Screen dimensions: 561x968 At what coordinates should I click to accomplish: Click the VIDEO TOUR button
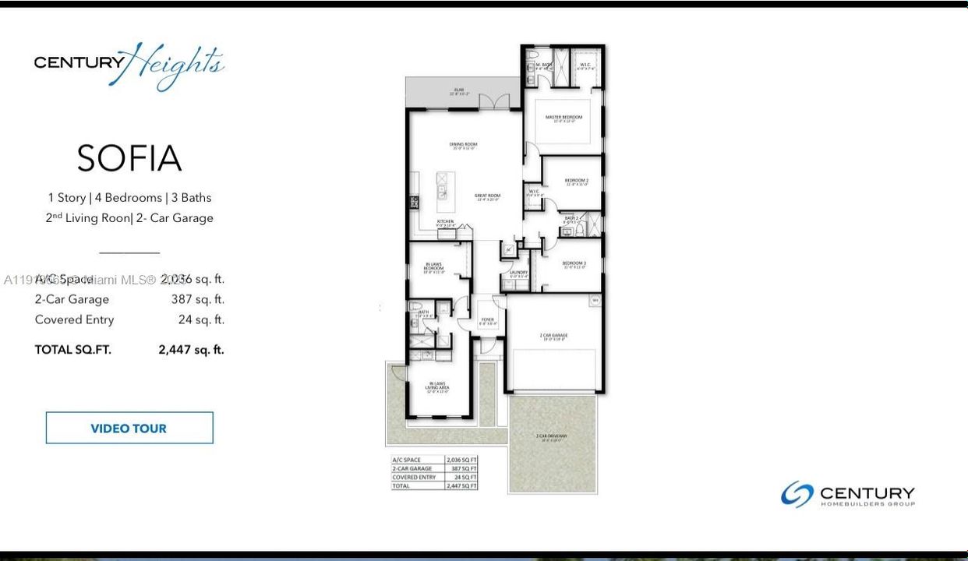[129, 428]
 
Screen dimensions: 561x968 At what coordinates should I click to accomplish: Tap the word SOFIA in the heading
[129, 159]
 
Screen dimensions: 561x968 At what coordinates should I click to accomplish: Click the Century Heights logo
[129, 65]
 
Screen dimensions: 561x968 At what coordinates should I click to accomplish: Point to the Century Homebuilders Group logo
[848, 495]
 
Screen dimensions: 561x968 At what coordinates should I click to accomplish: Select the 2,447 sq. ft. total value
[191, 350]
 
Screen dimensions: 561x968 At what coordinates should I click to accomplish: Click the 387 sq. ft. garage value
[197, 299]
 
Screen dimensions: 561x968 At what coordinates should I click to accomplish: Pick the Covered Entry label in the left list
[74, 319]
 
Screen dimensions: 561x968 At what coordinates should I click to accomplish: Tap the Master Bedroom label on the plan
[563, 118]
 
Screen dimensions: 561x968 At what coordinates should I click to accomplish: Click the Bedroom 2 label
[577, 181]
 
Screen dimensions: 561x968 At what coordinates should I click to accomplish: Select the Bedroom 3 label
[574, 264]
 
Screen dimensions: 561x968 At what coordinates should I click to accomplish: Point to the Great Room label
[488, 196]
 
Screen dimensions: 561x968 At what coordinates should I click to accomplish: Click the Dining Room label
[463, 145]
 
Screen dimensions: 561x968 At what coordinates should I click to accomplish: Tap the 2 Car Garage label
[553, 336]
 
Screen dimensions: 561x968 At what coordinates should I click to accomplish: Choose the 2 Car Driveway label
[552, 436]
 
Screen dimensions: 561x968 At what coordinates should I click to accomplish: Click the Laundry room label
[518, 273]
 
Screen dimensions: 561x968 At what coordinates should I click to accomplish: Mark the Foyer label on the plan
[487, 319]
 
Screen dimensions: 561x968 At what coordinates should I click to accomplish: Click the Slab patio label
[459, 91]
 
